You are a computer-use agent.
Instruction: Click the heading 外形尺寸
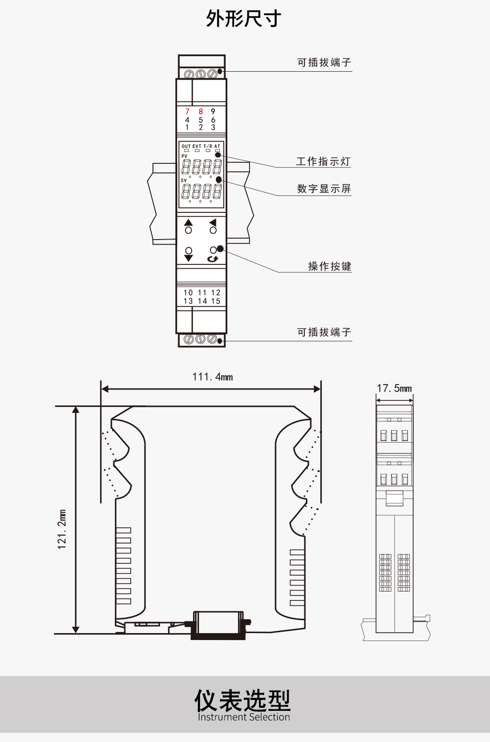tap(244, 19)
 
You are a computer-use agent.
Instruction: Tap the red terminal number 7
tap(187, 111)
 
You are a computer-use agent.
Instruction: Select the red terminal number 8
tap(200, 111)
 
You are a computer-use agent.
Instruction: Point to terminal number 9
tap(213, 111)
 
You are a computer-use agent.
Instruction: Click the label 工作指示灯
tap(323, 161)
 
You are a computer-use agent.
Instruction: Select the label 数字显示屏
tap(324, 189)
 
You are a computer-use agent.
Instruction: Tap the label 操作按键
tap(330, 266)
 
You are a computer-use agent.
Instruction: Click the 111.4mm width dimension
tap(212, 377)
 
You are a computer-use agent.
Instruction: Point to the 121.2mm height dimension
tap(62, 529)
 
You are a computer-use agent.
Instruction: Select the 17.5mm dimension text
tap(394, 388)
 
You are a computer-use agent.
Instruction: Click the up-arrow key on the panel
tap(189, 223)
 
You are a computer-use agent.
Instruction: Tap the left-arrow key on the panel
tap(213, 223)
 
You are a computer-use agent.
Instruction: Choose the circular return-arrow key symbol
tap(212, 258)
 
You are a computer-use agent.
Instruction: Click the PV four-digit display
tap(201, 166)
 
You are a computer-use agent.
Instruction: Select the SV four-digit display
tap(201, 191)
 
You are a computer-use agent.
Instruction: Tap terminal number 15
tap(216, 301)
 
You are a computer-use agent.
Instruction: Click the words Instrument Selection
tap(244, 717)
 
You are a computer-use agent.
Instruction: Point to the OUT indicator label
tap(186, 147)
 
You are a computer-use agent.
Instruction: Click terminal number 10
tap(188, 293)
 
